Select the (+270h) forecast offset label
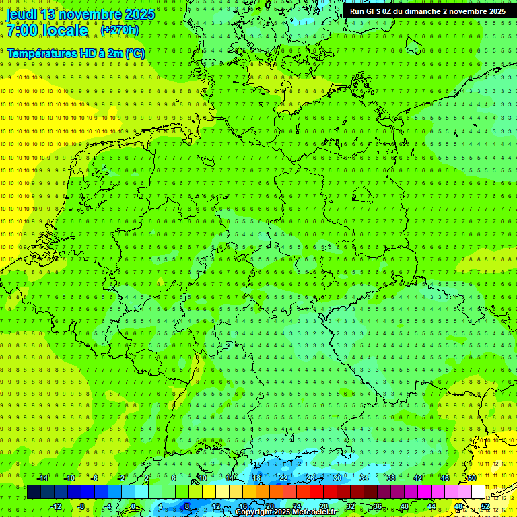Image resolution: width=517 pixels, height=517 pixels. point(120,30)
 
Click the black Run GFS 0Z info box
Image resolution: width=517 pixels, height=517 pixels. point(427,11)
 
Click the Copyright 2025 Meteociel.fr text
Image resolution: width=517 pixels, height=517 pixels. point(287,512)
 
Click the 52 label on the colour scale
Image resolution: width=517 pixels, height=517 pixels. point(485,506)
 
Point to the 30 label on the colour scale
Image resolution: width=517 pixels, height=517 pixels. point(337,478)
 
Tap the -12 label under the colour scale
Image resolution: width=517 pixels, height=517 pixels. point(57,506)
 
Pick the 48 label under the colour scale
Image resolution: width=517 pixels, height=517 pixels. point(458,506)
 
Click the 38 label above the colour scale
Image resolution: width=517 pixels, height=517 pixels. point(391,478)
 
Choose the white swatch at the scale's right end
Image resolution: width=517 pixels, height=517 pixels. point(478,492)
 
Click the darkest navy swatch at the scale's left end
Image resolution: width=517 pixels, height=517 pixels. point(34,492)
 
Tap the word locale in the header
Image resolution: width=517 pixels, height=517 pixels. point(65,30)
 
